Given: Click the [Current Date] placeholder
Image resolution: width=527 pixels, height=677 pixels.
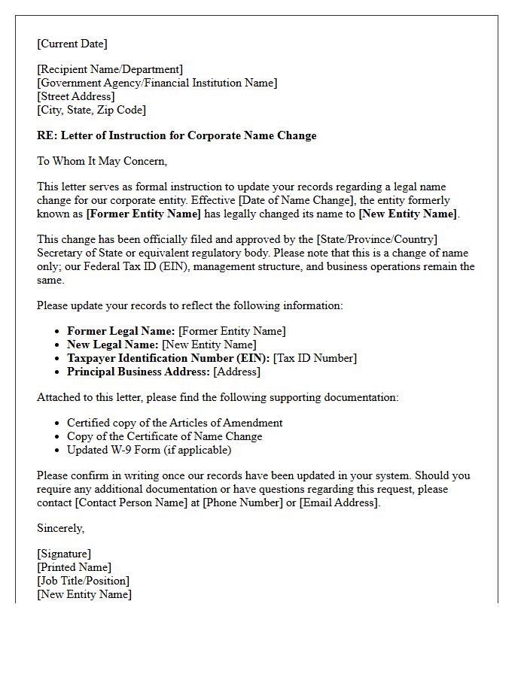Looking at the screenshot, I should (72, 44).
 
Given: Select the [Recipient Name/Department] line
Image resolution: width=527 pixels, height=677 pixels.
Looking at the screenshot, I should (110, 70).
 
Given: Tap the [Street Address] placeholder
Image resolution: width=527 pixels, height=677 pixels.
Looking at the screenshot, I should (76, 96).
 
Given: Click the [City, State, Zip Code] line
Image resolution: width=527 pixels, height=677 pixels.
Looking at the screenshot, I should (91, 110).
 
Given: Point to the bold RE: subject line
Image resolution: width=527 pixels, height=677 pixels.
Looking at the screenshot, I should (177, 136).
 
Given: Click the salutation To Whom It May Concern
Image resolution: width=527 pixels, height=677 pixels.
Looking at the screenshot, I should (102, 161).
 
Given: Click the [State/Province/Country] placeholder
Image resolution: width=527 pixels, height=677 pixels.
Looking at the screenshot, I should (364, 239).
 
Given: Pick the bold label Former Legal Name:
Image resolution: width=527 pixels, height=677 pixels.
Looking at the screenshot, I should (121, 331).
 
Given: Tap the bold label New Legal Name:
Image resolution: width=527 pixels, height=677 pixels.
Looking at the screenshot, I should (113, 345).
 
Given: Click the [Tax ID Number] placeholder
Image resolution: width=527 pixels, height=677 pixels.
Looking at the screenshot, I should (315, 358).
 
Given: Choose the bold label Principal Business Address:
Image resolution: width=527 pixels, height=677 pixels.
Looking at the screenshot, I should (139, 372).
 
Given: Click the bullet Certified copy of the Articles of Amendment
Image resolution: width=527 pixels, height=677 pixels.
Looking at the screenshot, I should (175, 423).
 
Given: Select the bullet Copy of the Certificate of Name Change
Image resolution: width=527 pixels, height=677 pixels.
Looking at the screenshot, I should (165, 436).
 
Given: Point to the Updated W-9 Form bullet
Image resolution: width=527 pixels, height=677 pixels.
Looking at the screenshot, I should (149, 450).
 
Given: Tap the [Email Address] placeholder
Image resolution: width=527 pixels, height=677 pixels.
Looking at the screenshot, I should (340, 502).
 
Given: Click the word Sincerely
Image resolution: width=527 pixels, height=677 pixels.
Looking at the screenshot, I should (61, 528).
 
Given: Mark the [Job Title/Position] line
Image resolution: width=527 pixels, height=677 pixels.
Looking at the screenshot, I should (83, 581).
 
